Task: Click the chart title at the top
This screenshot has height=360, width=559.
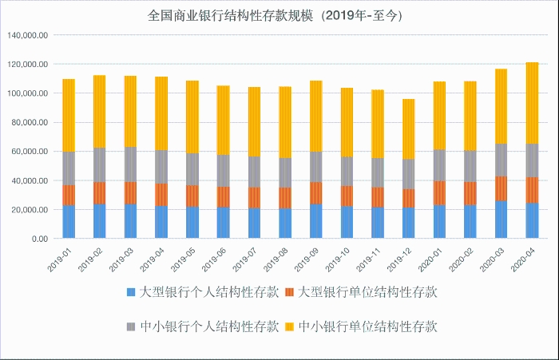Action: (x=279, y=15)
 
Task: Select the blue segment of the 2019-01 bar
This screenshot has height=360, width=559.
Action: (x=69, y=222)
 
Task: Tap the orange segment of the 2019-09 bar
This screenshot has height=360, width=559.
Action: (x=315, y=192)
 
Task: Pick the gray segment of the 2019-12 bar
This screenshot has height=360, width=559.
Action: (x=408, y=174)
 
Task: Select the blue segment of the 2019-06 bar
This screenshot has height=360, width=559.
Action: (x=223, y=223)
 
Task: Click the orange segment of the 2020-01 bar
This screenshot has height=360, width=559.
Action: (x=439, y=192)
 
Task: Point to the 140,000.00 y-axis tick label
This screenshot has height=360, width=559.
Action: (x=28, y=35)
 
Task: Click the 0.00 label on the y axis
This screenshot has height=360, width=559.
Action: (x=39, y=239)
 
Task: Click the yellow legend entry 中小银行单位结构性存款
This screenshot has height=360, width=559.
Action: (x=368, y=326)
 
